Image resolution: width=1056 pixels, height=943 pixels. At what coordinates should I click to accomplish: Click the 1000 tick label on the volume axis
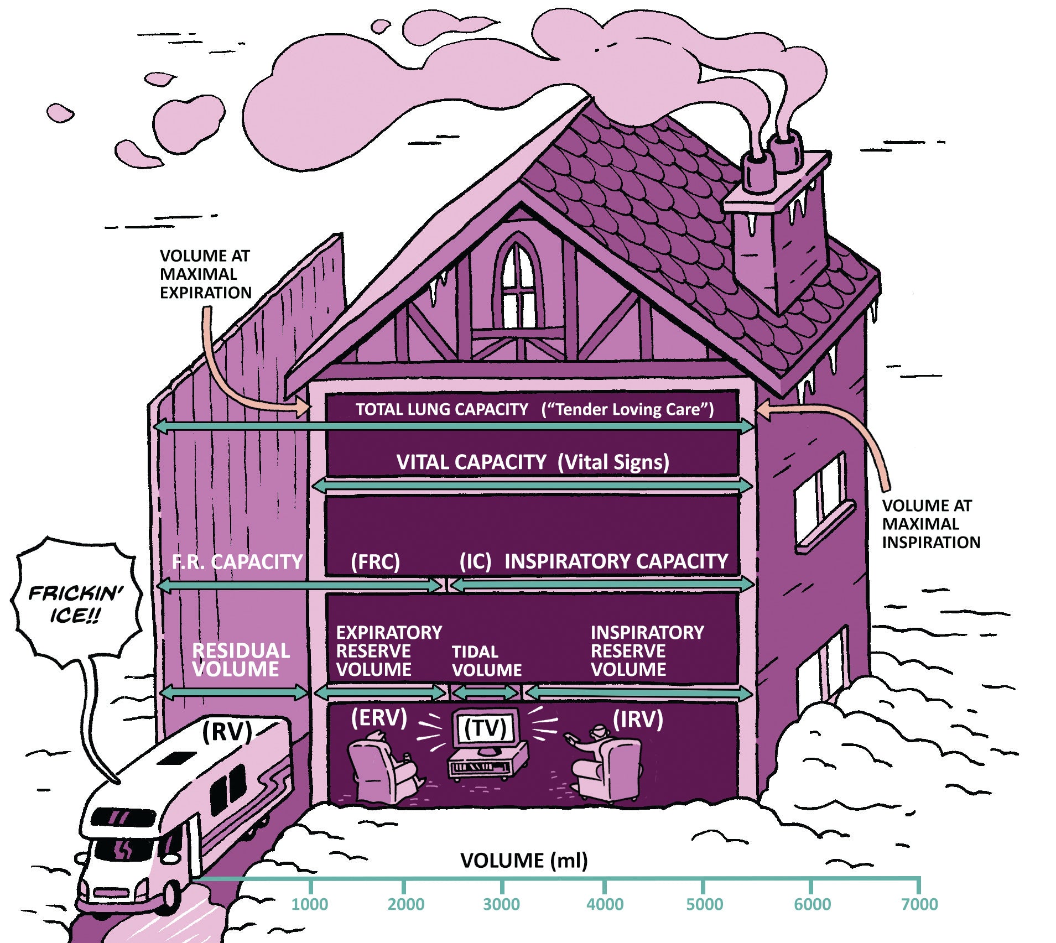(x=310, y=904)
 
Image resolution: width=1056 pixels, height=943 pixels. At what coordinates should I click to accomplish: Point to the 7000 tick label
(x=919, y=904)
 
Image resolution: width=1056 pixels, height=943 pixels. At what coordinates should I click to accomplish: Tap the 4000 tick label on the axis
(x=605, y=904)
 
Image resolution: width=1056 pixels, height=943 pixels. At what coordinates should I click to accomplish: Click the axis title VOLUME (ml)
(x=524, y=861)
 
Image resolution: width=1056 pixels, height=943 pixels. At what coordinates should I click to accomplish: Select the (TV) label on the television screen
(x=485, y=728)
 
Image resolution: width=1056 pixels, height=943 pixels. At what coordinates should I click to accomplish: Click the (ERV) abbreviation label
(x=379, y=718)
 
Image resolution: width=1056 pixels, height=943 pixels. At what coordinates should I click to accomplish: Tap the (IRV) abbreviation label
(x=638, y=719)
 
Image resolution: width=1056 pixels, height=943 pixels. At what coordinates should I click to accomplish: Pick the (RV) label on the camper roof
(x=227, y=731)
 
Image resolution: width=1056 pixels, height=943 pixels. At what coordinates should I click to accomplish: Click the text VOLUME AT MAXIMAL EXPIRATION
(x=205, y=274)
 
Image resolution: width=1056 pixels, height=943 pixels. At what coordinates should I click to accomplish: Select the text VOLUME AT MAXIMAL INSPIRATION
(x=930, y=524)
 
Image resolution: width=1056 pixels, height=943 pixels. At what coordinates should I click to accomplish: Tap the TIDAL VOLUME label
(x=486, y=661)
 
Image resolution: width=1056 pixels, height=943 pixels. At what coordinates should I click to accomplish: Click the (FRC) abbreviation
(x=375, y=562)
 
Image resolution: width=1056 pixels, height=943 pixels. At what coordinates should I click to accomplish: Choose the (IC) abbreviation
(x=475, y=562)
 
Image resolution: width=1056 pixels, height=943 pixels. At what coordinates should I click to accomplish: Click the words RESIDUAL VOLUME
(x=240, y=660)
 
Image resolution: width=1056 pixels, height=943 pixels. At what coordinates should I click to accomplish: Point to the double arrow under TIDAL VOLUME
(x=486, y=692)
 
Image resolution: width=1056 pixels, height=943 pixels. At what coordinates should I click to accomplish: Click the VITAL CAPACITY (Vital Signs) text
(x=532, y=462)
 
